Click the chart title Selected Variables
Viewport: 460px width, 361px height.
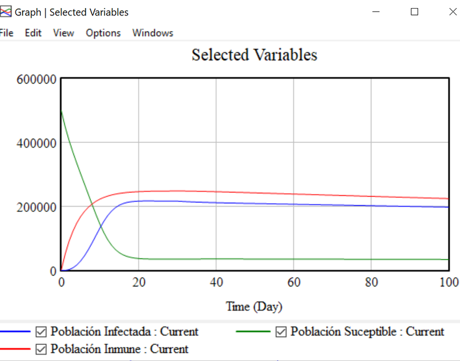pos(254,55)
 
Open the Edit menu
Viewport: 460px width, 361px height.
pos(33,33)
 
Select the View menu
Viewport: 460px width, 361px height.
pos(63,33)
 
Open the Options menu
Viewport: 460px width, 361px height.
pos(103,33)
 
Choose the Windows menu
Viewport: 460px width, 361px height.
pos(152,33)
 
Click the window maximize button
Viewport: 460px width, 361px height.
pos(415,11)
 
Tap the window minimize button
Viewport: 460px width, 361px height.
pos(377,11)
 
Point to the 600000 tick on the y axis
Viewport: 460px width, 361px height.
pos(36,79)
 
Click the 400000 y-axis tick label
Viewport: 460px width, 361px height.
pos(36,143)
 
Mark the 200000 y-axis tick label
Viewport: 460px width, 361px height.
pos(36,207)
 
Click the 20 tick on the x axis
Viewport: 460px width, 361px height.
pos(138,282)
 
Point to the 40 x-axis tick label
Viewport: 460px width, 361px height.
pos(216,282)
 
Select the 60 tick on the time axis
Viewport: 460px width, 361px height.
pos(293,282)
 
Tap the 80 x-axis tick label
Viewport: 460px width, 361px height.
pos(371,282)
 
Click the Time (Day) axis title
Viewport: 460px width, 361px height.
pos(254,306)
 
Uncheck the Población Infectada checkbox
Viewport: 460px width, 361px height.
pos(41,332)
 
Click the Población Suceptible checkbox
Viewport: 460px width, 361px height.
pos(281,332)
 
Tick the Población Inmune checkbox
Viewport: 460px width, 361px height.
pos(41,349)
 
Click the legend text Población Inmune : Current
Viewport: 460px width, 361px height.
pos(120,349)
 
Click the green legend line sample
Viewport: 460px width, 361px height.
pos(254,332)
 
